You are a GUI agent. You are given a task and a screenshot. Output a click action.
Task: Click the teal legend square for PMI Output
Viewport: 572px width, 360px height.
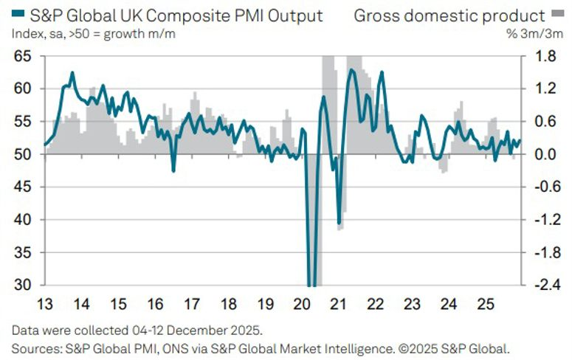tap(16, 14)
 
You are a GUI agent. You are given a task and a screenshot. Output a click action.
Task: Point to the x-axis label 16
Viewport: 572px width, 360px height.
tap(154, 303)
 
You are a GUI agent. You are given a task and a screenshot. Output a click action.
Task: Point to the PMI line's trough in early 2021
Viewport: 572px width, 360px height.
tap(339, 223)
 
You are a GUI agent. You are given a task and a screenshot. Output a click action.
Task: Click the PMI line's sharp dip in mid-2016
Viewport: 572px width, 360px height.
tap(173, 171)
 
